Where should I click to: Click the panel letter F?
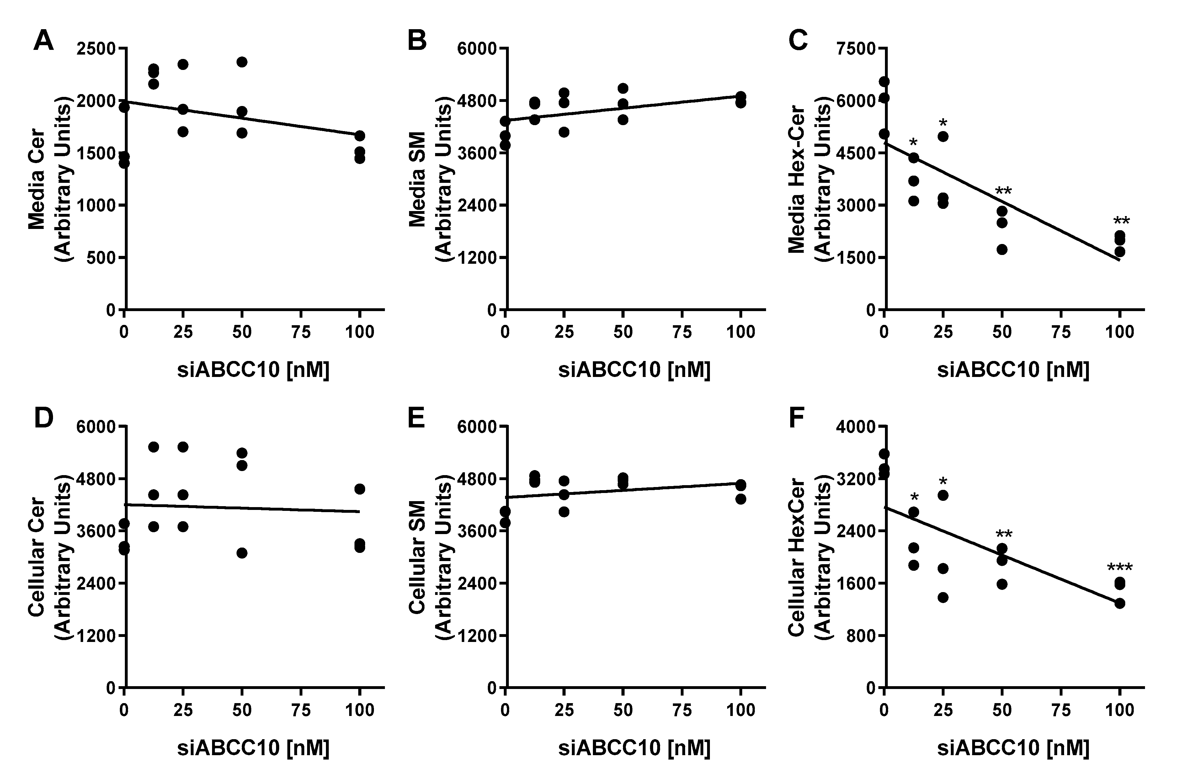(796, 418)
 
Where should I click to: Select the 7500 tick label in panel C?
(856, 49)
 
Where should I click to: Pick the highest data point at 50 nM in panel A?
(242, 62)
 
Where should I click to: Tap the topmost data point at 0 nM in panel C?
(884, 82)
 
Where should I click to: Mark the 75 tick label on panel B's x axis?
(682, 332)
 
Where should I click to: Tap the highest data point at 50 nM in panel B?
(623, 88)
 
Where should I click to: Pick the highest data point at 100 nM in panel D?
(360, 489)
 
